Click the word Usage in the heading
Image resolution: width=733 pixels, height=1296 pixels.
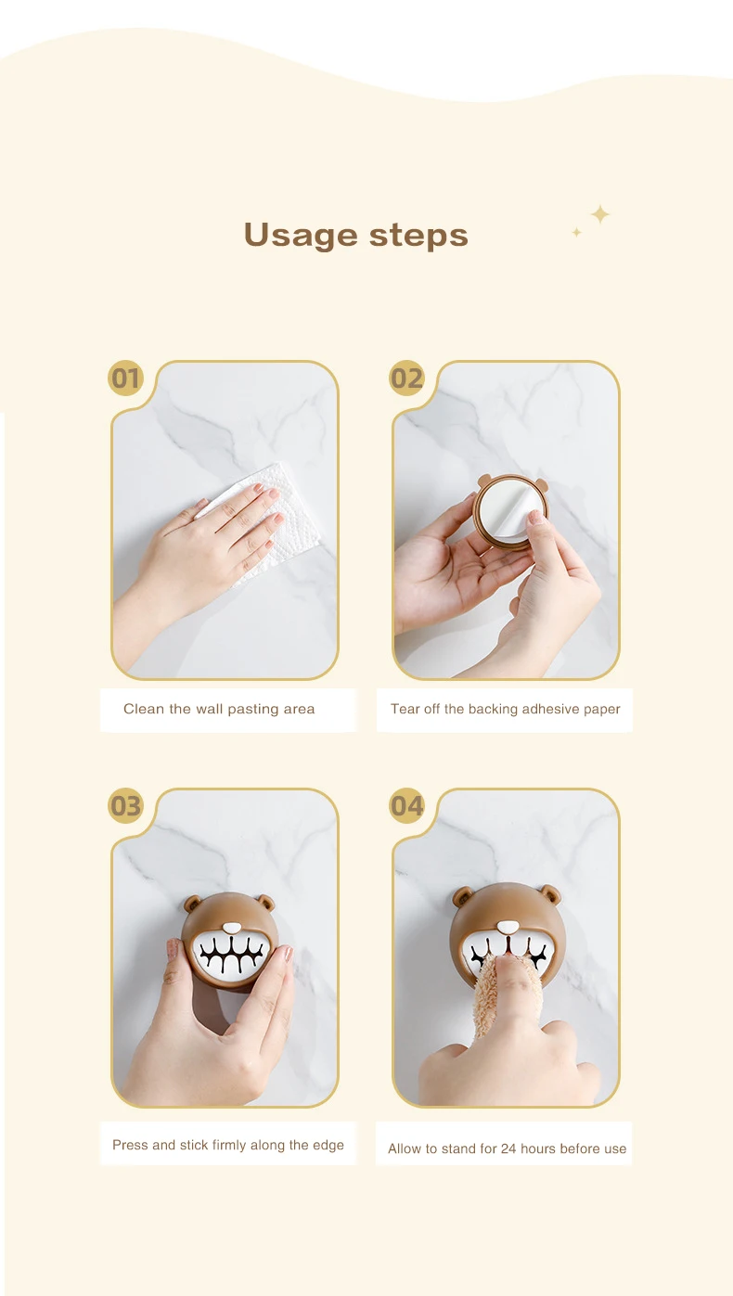pyautogui.click(x=301, y=235)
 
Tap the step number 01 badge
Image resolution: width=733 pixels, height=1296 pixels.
pyautogui.click(x=125, y=379)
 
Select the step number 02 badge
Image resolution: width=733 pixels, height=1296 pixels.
pyautogui.click(x=406, y=379)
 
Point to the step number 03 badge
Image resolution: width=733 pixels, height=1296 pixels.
pyautogui.click(x=125, y=806)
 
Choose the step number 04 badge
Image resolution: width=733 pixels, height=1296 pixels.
pyautogui.click(x=406, y=806)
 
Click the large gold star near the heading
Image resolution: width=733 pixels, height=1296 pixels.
pyautogui.click(x=600, y=214)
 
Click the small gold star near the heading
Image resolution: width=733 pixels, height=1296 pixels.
pyautogui.click(x=576, y=232)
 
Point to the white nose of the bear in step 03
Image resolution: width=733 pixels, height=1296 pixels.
pyautogui.click(x=233, y=927)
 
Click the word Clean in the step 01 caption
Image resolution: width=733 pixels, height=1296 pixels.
pyautogui.click(x=144, y=709)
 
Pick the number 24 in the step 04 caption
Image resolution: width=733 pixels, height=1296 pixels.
pyautogui.click(x=508, y=1148)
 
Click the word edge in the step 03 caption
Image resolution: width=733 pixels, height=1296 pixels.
pyautogui.click(x=328, y=1145)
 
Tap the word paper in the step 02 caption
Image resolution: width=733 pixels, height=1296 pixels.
pyautogui.click(x=601, y=710)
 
